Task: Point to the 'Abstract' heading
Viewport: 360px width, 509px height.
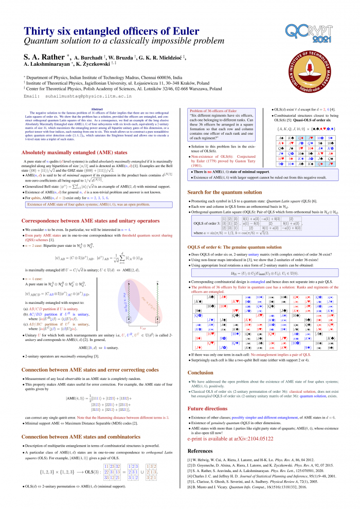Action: (x=97, y=109)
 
